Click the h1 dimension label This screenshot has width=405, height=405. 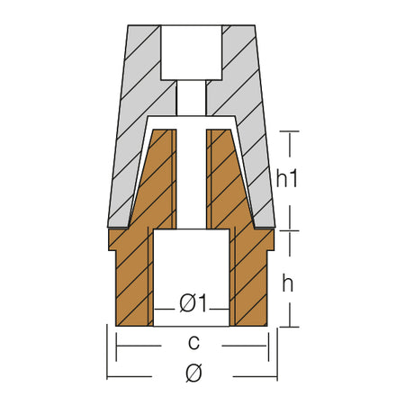(287, 179)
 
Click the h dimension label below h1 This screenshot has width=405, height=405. (287, 283)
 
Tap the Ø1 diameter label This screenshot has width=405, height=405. (193, 303)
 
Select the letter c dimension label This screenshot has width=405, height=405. (193, 343)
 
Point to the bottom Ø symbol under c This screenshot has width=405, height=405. (193, 373)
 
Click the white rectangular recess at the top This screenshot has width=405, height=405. (192, 52)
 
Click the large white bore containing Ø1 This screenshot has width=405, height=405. (192, 277)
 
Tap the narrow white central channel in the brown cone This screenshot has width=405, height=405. (192, 179)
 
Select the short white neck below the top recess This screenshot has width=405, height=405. (192, 98)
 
